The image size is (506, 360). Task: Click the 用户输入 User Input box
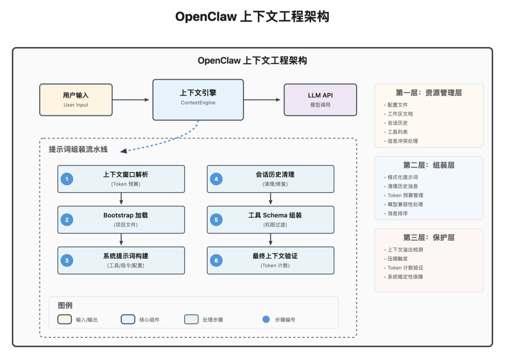click(76, 100)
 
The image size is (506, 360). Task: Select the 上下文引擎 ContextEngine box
click(198, 100)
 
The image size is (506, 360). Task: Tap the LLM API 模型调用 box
click(320, 100)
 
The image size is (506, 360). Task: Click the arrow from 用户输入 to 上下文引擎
click(131, 100)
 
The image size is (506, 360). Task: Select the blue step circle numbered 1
click(67, 179)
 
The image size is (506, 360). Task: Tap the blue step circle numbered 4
click(216, 179)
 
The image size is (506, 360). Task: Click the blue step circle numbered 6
click(216, 260)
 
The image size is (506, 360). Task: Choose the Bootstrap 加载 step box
click(121, 220)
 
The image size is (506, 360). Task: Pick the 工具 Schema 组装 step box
click(270, 220)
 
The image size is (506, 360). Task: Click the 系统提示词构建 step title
click(126, 256)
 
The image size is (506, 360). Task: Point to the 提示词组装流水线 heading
click(78, 149)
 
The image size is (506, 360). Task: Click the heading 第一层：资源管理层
click(429, 93)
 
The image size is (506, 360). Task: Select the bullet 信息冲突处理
click(402, 141)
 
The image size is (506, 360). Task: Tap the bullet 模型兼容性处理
click(405, 204)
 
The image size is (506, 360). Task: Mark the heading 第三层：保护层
click(429, 237)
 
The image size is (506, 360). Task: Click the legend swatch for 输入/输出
click(64, 319)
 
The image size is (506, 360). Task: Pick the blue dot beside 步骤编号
click(266, 319)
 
